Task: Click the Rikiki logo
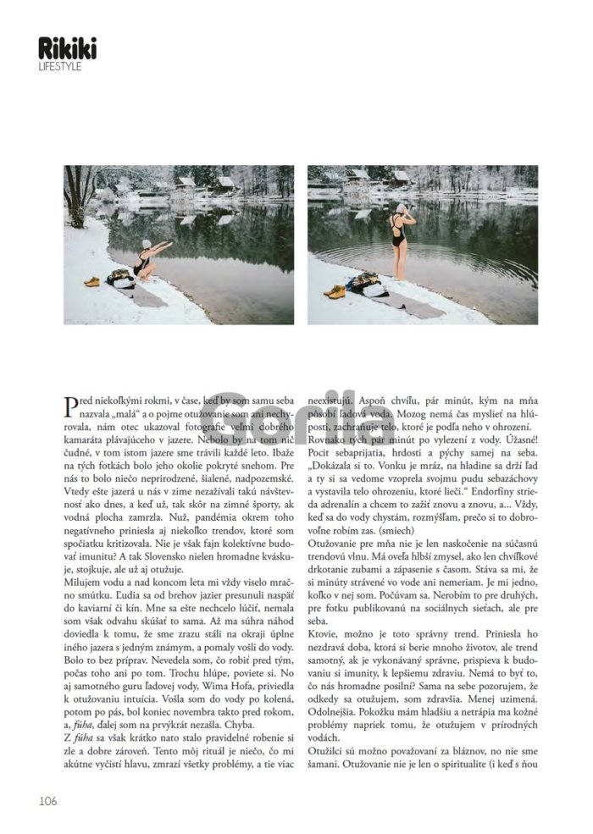[x=67, y=49]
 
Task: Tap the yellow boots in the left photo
[x=91, y=282]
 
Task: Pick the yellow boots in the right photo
[x=335, y=290]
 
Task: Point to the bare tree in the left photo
[x=80, y=191]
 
